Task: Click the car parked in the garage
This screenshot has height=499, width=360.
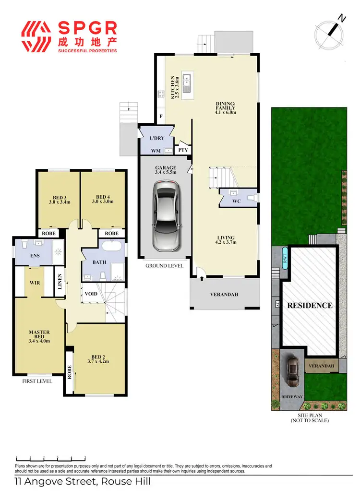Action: (165, 215)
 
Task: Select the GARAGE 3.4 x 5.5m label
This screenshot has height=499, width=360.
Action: (166, 170)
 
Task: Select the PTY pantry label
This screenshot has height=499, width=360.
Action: (183, 150)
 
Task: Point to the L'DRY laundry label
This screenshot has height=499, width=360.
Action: (157, 139)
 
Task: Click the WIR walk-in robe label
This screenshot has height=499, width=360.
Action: (34, 283)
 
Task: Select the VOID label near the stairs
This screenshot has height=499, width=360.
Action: (91, 294)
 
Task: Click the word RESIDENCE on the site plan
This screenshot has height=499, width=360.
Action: (310, 305)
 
